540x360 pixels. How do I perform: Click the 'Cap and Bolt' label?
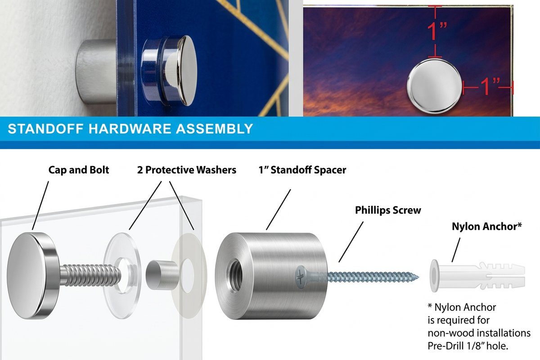pyautogui.click(x=79, y=170)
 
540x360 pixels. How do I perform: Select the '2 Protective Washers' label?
pyautogui.click(x=187, y=170)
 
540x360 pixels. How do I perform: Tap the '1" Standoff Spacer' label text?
pyautogui.click(x=302, y=170)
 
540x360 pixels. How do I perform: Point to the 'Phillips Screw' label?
pyautogui.click(x=388, y=210)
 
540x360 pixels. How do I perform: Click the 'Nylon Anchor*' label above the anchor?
pyautogui.click(x=487, y=226)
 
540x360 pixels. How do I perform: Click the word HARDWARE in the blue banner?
pyautogui.click(x=130, y=129)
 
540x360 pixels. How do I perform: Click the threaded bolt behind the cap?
pyautogui.click(x=90, y=274)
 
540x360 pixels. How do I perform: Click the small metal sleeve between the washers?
pyautogui.click(x=162, y=275)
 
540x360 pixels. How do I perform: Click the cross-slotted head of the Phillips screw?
pyautogui.click(x=301, y=277)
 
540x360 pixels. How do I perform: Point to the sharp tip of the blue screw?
pyautogui.click(x=418, y=277)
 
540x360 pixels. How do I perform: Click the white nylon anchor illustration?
pyautogui.click(x=477, y=276)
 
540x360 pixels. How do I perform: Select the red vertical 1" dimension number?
pyautogui.click(x=437, y=31)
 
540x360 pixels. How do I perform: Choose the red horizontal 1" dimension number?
pyautogui.click(x=490, y=86)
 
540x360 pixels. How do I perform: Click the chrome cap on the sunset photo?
pyautogui.click(x=434, y=86)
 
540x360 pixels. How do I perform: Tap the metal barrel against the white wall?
pyautogui.click(x=96, y=72)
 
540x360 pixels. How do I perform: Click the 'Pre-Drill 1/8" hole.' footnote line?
pyautogui.click(x=468, y=346)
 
